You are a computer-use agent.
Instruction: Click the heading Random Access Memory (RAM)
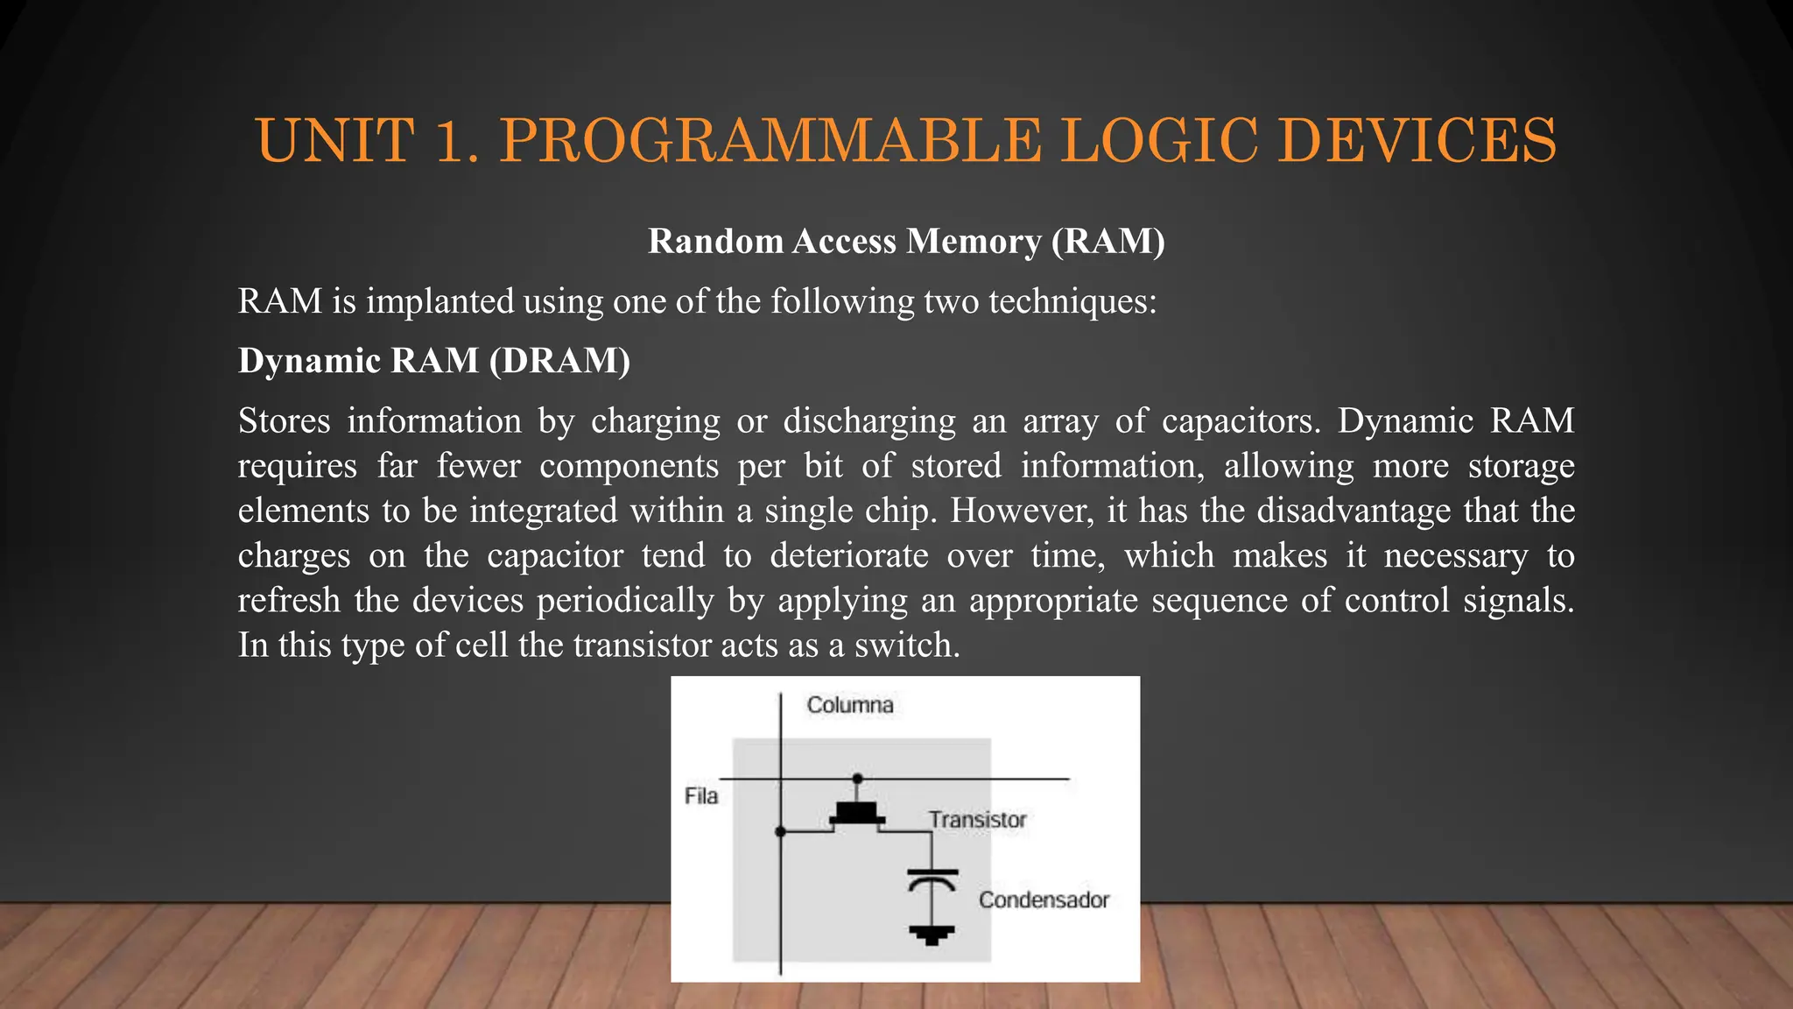click(906, 241)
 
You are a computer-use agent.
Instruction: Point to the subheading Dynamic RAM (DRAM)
click(434, 361)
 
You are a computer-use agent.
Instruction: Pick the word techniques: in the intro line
click(1072, 302)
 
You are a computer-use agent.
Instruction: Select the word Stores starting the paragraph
click(284, 421)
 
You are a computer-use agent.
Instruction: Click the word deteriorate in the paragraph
click(848, 555)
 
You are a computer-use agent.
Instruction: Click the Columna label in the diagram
click(849, 705)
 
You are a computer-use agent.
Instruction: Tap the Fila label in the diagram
click(700, 796)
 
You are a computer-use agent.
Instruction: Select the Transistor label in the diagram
click(977, 820)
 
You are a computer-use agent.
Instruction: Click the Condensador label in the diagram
click(1044, 900)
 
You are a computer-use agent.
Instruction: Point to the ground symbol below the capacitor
click(932, 935)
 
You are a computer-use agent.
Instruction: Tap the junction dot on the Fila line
click(857, 778)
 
